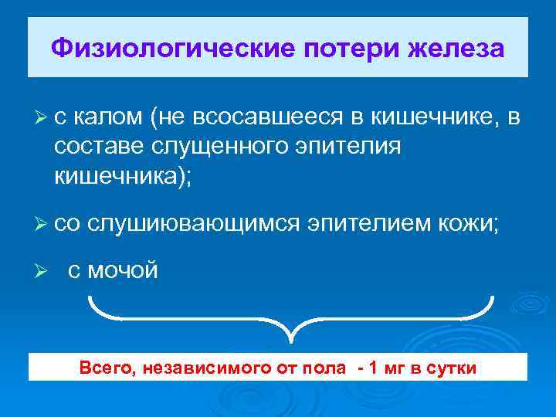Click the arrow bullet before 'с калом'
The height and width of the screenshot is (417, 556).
pos(41,117)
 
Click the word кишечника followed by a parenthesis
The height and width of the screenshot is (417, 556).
pos(116,175)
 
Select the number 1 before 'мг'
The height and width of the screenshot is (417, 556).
pos(376,368)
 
